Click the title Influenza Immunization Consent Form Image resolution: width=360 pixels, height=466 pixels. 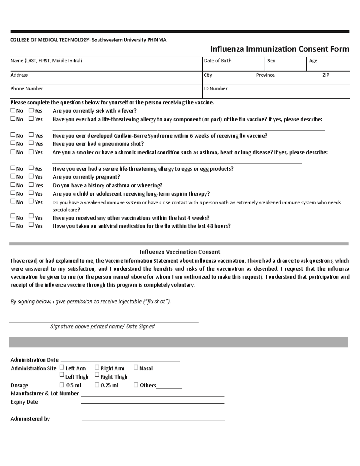coord(280,49)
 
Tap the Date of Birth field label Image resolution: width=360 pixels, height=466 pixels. coord(217,61)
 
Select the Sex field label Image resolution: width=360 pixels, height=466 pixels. coord(271,61)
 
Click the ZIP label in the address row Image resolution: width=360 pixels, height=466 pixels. coord(325,75)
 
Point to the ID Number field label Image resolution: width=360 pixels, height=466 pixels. coord(215,89)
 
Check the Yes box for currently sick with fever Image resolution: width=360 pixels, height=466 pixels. coord(31,110)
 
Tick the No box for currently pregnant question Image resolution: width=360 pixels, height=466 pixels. coord(13,176)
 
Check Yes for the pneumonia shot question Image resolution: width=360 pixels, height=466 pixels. coord(31,143)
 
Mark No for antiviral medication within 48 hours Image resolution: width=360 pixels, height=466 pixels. coord(13,224)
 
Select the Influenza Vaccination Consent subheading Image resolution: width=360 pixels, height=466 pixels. coord(180,252)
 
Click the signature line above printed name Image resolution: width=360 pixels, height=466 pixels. coord(103,322)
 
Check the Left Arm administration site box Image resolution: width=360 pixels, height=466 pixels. coord(62,367)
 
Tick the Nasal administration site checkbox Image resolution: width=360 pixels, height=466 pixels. coord(136,367)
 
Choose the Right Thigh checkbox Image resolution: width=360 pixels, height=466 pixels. coord(97,374)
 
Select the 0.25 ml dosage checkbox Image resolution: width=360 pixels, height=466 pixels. coord(97,385)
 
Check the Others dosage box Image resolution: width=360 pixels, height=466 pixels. coord(136,385)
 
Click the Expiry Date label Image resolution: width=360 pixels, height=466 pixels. coord(24,402)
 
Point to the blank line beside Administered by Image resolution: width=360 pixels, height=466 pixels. coord(153,421)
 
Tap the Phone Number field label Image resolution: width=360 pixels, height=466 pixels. coord(27,89)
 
